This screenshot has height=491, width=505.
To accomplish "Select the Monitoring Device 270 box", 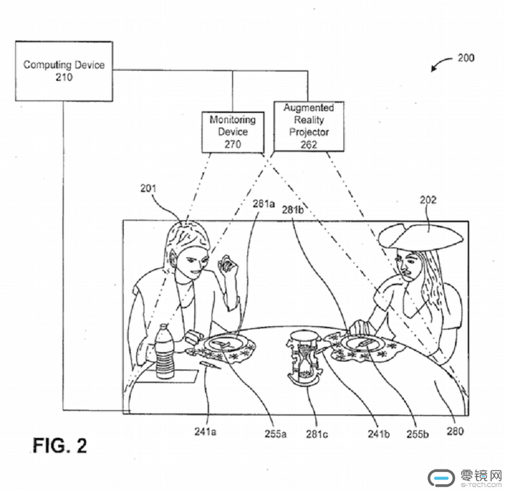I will [x=232, y=131].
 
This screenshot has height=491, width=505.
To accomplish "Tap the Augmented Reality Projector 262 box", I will [x=309, y=126].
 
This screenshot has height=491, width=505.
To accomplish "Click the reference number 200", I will [x=466, y=58].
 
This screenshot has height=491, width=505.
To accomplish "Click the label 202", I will [x=429, y=200].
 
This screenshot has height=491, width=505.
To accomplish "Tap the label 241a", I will [x=205, y=432].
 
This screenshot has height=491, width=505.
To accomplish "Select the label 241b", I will [x=377, y=434].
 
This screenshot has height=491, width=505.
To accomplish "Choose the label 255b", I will [x=417, y=434].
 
